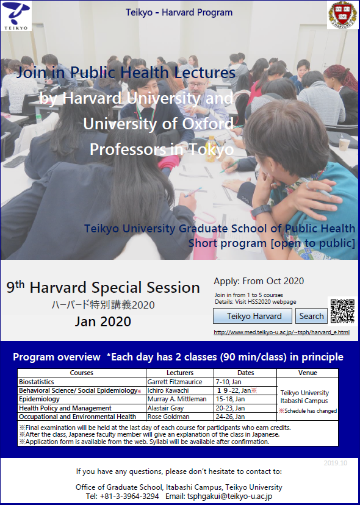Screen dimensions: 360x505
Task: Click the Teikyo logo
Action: (16, 16)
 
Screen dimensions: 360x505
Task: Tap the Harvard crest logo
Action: (342, 15)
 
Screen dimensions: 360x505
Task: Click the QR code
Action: (342, 311)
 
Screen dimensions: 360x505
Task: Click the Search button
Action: (311, 316)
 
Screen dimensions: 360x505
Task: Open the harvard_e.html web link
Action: (281, 332)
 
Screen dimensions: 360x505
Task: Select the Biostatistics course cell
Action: (82, 382)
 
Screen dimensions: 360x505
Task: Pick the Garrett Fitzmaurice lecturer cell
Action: (180, 382)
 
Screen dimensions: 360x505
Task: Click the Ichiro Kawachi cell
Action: (180, 390)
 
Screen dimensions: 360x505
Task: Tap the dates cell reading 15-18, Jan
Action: (245, 399)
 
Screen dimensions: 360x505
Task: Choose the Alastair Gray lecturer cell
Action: (180, 408)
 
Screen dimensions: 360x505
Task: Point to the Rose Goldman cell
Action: (180, 417)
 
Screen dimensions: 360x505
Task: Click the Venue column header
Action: (308, 373)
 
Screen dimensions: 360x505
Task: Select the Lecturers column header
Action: (180, 373)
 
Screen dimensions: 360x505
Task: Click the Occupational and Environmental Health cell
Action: (82, 417)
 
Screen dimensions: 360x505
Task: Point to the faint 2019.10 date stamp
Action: (336, 463)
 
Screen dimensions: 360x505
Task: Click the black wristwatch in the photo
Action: (261, 211)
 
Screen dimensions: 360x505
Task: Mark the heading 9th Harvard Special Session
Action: (103, 287)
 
